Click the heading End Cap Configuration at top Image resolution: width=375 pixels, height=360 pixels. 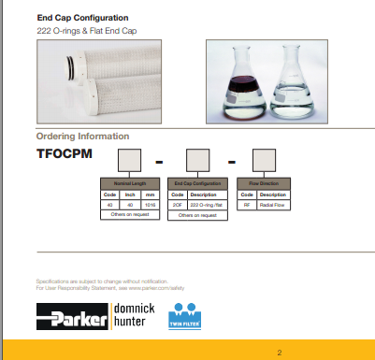[x=82, y=18]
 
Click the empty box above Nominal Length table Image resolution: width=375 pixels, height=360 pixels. [x=128, y=160]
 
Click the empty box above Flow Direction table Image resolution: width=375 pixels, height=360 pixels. [x=265, y=160]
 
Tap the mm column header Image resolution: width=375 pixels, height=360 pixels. [x=150, y=194]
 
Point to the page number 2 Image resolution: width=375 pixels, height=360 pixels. [x=279, y=352]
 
